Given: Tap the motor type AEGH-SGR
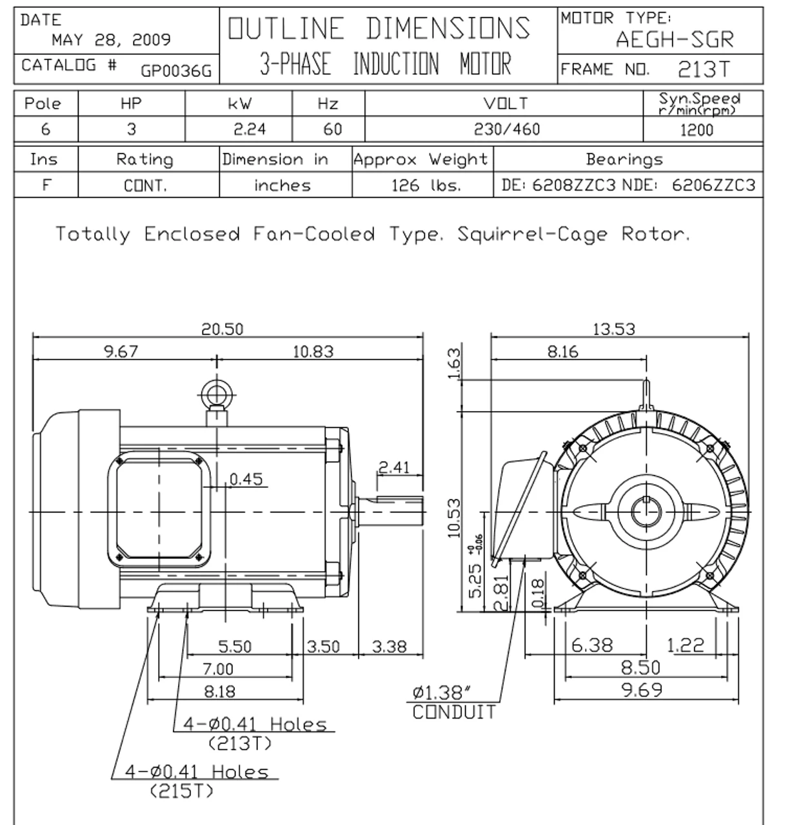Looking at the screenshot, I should [x=674, y=40].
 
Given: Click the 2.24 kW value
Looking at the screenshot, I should [x=250, y=130].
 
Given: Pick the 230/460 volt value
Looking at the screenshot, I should [x=506, y=130].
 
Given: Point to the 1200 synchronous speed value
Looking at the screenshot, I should [x=697, y=130].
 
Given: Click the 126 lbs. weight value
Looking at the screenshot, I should [x=426, y=186].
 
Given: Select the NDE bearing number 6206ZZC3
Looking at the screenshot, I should [x=713, y=186].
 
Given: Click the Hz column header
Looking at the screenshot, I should [x=328, y=104].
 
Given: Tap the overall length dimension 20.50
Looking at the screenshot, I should [x=223, y=329].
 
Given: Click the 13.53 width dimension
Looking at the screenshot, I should [x=613, y=329].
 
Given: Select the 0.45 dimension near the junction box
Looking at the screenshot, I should [x=246, y=479].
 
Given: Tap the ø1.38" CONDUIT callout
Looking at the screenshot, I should [x=454, y=703].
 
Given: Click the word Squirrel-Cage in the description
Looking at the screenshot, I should [x=532, y=234].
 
